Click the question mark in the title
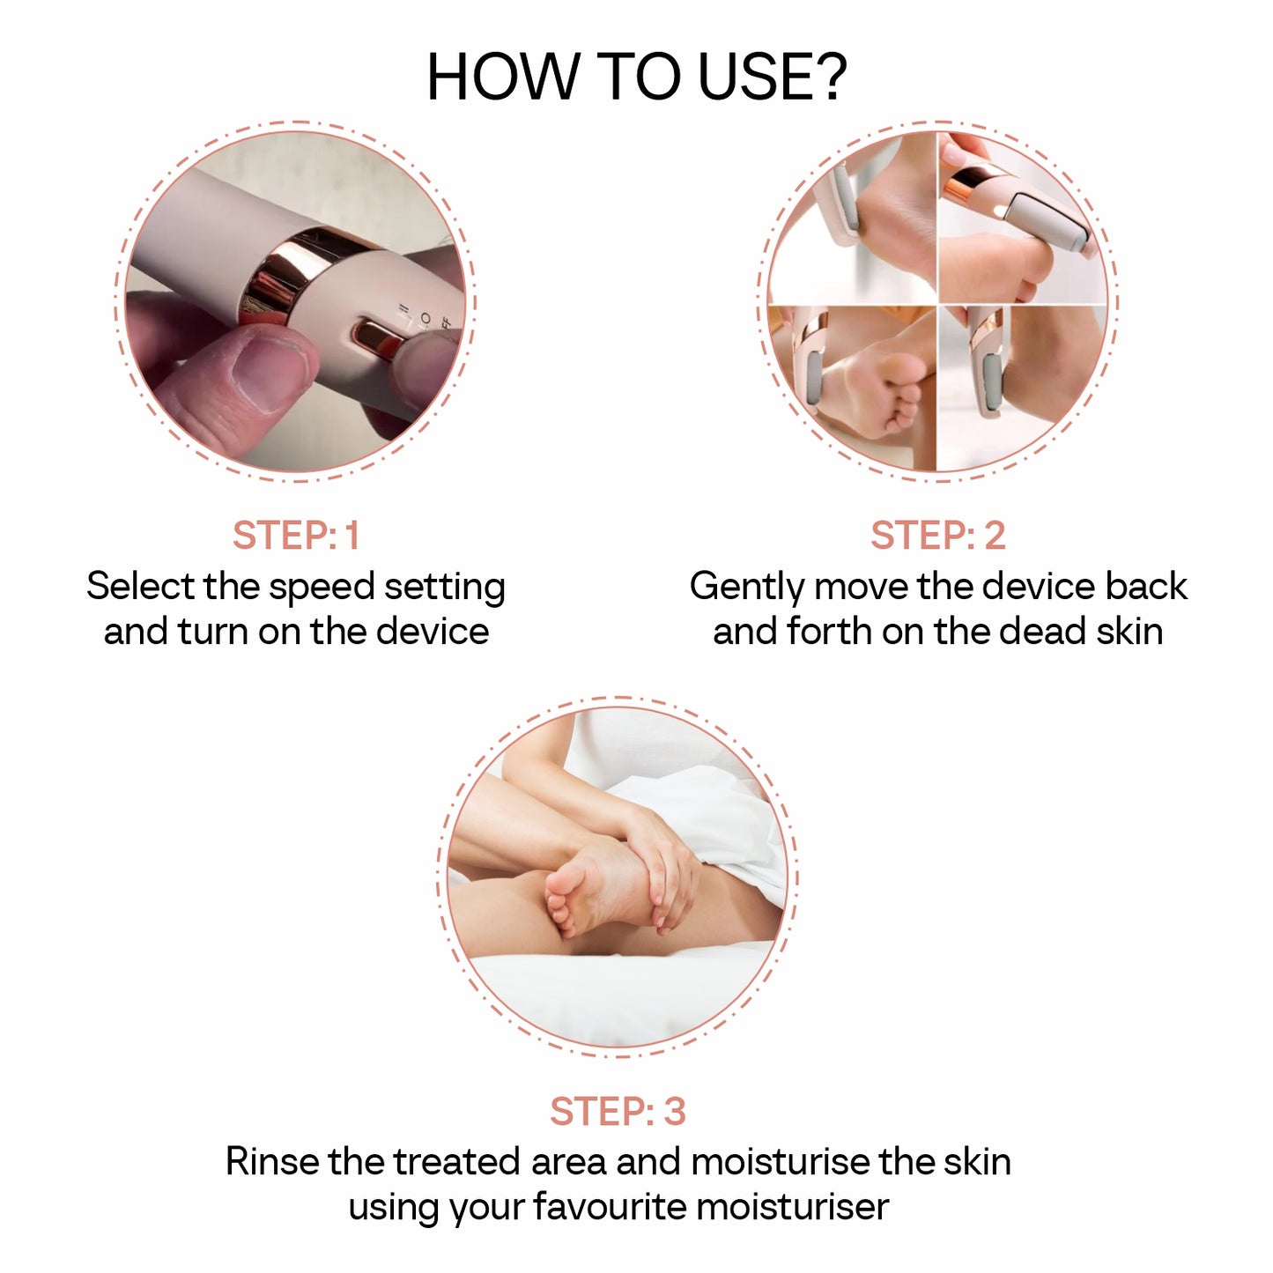click(827, 78)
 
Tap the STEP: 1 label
click(296, 536)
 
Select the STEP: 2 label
click(937, 536)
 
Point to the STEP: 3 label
click(618, 1112)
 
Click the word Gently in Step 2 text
click(746, 588)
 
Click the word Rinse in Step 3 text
click(272, 1162)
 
